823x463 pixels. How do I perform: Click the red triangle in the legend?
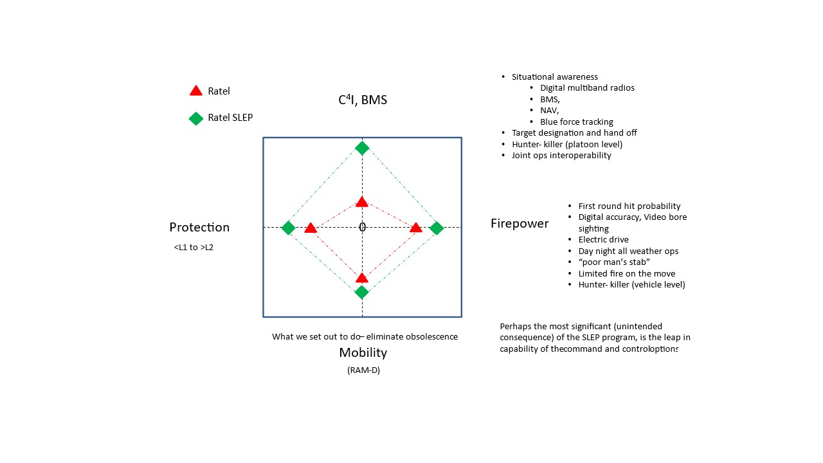tap(196, 91)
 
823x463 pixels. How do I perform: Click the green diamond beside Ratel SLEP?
tap(196, 118)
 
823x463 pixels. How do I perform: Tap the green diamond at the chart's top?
tap(362, 148)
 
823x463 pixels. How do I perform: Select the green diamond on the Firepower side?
tap(437, 228)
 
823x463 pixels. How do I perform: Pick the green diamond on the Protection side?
tap(288, 228)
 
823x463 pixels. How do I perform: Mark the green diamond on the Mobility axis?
tap(362, 292)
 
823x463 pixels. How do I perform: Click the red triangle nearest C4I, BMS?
tap(362, 203)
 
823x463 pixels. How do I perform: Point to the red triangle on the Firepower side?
tap(416, 228)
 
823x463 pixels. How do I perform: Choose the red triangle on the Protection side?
tap(311, 228)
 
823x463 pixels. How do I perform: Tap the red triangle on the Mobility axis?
tap(362, 278)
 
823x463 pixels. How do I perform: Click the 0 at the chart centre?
tap(363, 227)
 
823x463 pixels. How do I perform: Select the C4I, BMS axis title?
tap(363, 100)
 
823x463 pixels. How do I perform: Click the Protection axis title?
tap(199, 227)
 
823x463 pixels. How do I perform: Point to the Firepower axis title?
tap(520, 224)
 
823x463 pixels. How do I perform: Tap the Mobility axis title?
tap(363, 352)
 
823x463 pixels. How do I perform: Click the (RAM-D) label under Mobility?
tap(363, 370)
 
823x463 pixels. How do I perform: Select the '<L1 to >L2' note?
tap(194, 247)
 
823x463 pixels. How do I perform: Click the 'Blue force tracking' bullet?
tap(576, 122)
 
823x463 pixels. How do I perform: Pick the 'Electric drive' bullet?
tap(603, 240)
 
